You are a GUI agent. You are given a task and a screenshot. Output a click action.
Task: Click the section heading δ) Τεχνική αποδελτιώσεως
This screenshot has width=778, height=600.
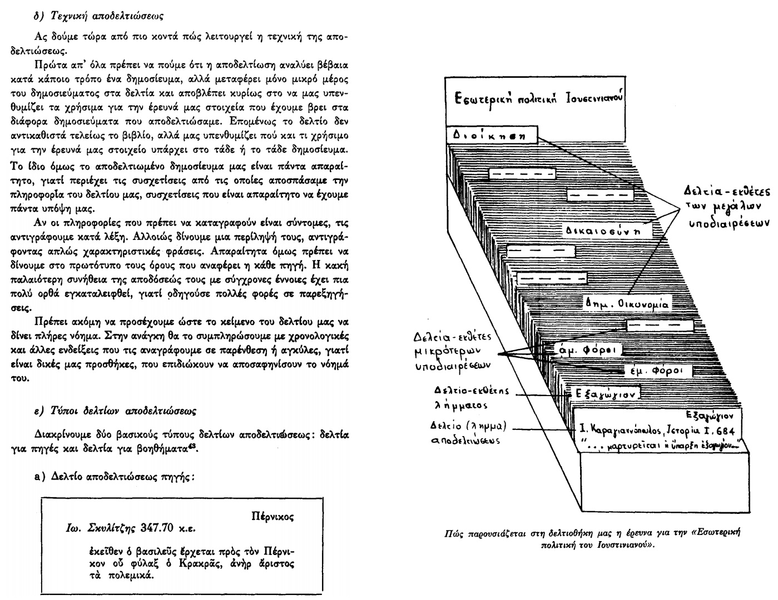click(98, 17)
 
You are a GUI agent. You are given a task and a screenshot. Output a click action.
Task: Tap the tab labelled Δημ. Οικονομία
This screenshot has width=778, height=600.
click(627, 304)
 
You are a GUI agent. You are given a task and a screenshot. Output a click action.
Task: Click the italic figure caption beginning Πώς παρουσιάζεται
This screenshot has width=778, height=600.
click(594, 538)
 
